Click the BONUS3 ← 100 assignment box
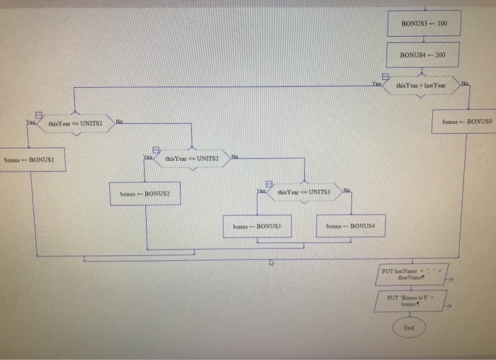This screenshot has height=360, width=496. (x=424, y=23)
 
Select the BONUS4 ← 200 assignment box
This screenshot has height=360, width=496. (x=424, y=55)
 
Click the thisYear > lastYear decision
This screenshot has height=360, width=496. (x=421, y=86)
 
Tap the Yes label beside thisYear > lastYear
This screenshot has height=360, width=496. (x=378, y=84)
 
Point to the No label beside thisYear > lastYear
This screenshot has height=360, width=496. (x=464, y=84)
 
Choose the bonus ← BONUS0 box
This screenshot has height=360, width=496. (x=466, y=122)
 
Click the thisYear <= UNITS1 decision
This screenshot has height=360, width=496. (x=77, y=123)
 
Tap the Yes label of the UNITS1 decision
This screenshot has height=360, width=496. (x=30, y=122)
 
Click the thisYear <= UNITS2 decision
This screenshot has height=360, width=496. (x=191, y=159)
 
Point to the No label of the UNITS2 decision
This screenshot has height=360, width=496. (x=235, y=156)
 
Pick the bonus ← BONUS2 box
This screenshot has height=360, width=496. (x=145, y=193)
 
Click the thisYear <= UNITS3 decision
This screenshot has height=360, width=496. (x=304, y=193)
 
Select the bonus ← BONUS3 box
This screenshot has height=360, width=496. (x=257, y=226)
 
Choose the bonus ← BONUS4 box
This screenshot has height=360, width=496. (x=350, y=226)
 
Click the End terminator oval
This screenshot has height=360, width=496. (x=409, y=328)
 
